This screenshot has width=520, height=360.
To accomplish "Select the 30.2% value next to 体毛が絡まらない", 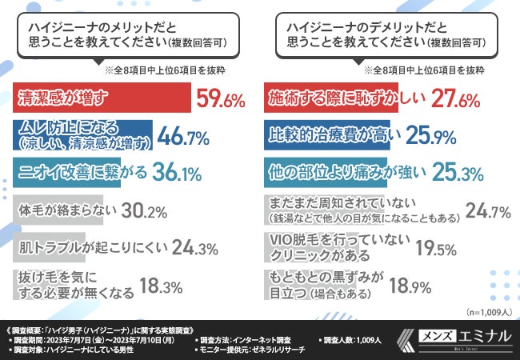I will [x=146, y=210].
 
